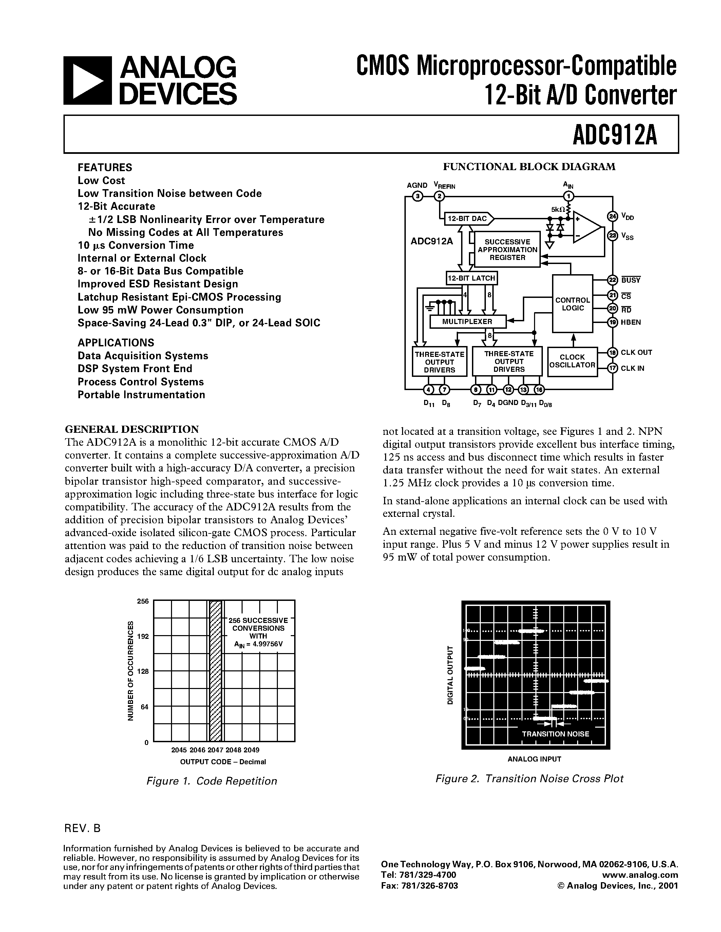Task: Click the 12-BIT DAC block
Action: pos(467,219)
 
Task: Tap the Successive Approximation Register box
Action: pos(507,250)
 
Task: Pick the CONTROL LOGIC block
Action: pos(572,304)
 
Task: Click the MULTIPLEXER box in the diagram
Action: pos(467,322)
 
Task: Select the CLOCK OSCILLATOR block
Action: pos(572,361)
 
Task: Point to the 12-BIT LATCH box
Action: pos(472,278)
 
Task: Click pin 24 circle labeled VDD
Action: pos(612,216)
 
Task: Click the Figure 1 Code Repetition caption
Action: pos(211,781)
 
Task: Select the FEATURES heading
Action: pos(105,167)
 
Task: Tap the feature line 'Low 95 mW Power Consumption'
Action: pos(160,310)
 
